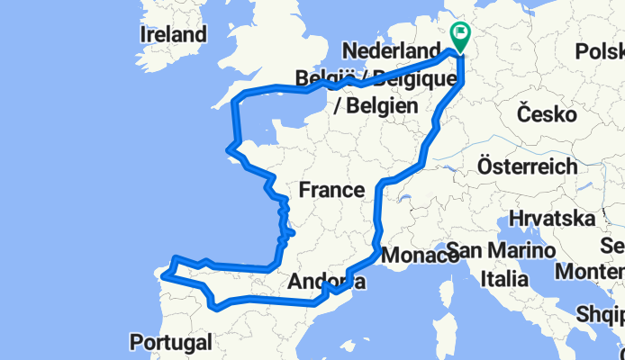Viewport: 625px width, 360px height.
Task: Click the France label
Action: pyautogui.click(x=331, y=190)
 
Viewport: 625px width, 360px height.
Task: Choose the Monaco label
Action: pyautogui.click(x=419, y=256)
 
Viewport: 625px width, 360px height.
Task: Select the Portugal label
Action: pyautogui.click(x=170, y=342)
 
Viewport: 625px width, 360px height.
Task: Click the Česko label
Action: pyautogui.click(x=548, y=114)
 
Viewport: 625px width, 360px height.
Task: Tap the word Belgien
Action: pyautogui.click(x=376, y=106)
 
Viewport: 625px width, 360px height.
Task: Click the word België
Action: pyautogui.click(x=322, y=78)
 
